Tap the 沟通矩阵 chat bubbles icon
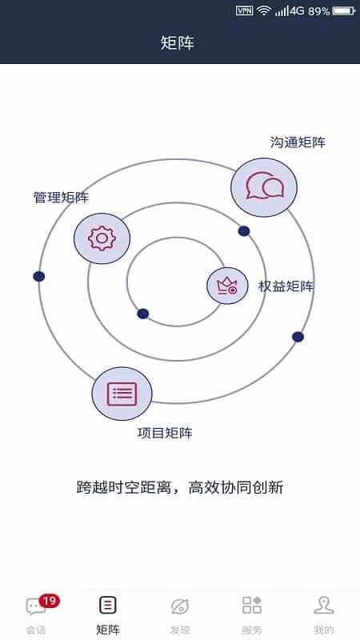tap(264, 187)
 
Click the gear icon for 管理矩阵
tap(102, 238)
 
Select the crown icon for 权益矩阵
tap(227, 286)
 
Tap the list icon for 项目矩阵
tap(122, 394)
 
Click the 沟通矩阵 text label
tap(298, 142)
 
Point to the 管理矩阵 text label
tap(61, 198)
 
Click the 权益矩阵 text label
tap(286, 286)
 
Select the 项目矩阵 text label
tap(165, 433)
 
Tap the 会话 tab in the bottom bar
tap(36, 615)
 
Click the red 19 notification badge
tap(50, 601)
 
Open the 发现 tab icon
tap(180, 606)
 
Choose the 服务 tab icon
tap(252, 605)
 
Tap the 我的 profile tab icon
tap(324, 606)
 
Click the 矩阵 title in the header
tap(178, 43)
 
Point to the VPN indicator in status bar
tap(245, 11)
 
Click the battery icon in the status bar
tap(344, 11)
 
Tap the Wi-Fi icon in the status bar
tap(264, 10)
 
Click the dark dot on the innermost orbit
tap(143, 314)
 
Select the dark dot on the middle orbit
tap(244, 231)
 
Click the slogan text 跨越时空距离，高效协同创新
tap(180, 487)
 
